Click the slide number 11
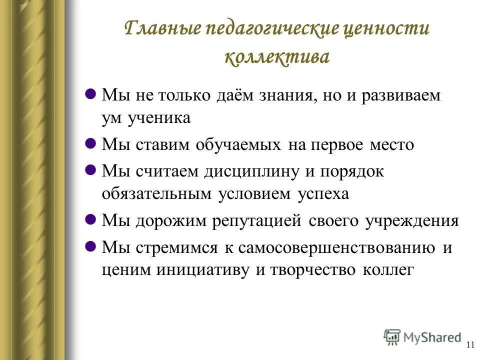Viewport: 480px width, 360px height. tap(469, 344)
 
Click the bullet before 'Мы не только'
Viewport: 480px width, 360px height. tap(91, 93)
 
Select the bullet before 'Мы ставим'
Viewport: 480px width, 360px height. tap(91, 144)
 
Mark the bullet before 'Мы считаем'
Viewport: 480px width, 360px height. tap(91, 170)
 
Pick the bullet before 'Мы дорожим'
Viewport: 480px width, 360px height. tap(91, 219)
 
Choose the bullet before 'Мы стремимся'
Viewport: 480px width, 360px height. tap(91, 246)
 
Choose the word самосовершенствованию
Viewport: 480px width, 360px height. tap(336, 247)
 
